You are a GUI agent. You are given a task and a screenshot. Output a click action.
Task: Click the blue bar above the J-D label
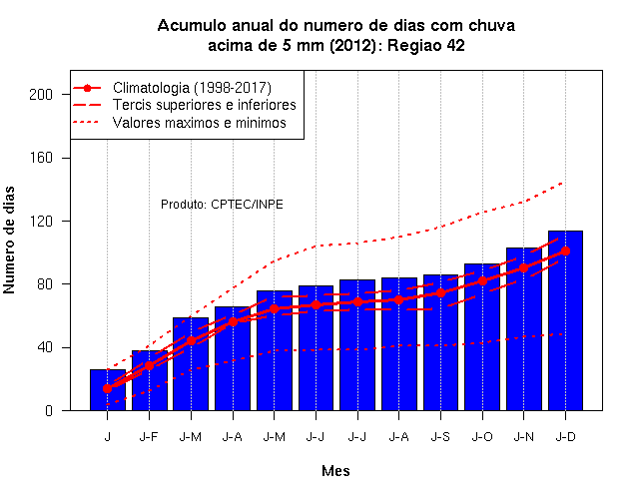click(565, 320)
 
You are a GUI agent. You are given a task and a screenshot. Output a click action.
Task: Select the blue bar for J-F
click(149, 380)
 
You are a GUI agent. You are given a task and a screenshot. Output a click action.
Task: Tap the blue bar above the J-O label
click(482, 337)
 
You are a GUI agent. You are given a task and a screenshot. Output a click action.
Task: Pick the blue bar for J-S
click(440, 342)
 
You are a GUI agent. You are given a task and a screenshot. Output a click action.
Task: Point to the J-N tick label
click(523, 437)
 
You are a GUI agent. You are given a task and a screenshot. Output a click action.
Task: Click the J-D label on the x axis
click(565, 437)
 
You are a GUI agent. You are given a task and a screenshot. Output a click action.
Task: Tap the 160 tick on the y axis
click(41, 158)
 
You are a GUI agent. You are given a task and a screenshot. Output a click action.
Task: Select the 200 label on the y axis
click(41, 95)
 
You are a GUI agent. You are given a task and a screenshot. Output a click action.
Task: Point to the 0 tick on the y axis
click(49, 410)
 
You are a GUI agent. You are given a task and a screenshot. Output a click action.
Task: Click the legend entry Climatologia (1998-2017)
click(192, 88)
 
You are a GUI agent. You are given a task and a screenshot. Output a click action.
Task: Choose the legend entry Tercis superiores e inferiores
click(204, 105)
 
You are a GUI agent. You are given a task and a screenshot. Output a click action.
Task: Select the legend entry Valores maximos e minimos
click(200, 123)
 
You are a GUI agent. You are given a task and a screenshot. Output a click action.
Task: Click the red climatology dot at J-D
click(565, 250)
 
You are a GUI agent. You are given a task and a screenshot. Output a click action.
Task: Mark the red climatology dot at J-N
click(523, 267)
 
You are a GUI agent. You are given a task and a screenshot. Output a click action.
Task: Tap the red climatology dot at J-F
click(149, 366)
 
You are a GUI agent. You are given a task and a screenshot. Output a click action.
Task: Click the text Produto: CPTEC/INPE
click(222, 204)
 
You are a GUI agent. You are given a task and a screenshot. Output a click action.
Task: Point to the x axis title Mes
click(335, 471)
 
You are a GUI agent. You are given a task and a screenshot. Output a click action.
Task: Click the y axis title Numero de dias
click(9, 240)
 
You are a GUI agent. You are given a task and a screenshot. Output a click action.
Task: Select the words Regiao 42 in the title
click(426, 45)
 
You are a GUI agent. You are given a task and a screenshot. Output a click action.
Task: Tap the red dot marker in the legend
click(87, 88)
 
